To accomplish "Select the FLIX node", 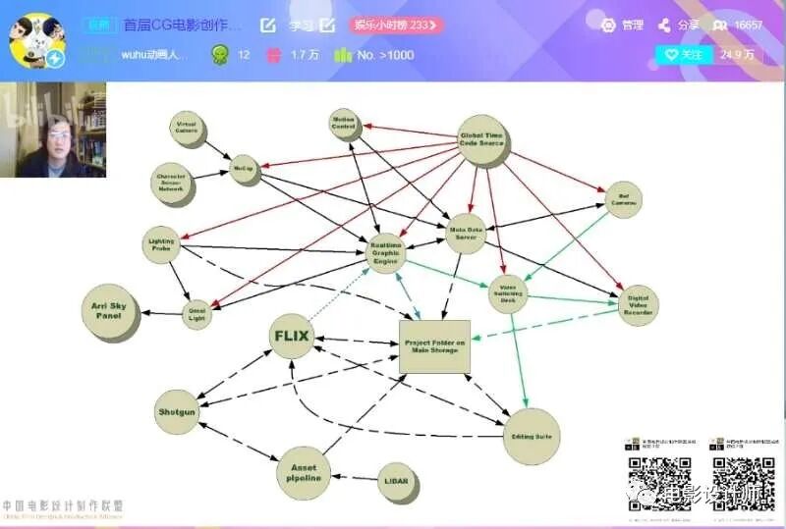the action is click(291, 336).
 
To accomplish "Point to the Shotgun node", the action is click(177, 412).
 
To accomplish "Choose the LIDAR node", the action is click(397, 481).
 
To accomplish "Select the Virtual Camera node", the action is click(186, 129).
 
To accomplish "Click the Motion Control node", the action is click(344, 123).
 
